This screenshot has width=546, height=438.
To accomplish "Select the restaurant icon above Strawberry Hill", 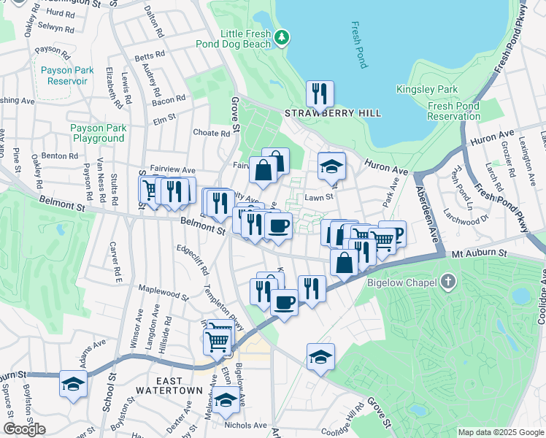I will [x=320, y=93].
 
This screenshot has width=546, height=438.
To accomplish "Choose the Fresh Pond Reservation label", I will [x=453, y=111].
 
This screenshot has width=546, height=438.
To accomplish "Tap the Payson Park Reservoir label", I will [x=66, y=75].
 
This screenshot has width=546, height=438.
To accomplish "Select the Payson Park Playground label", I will [x=98, y=133].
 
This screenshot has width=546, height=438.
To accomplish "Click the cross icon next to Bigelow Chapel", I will [x=448, y=282].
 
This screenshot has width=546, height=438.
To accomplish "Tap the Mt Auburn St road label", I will [x=478, y=253].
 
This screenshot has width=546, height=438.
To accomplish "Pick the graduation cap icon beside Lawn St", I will [x=331, y=167].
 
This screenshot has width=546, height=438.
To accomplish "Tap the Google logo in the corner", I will [x=24, y=429].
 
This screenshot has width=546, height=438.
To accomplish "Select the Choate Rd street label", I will [x=211, y=133].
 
